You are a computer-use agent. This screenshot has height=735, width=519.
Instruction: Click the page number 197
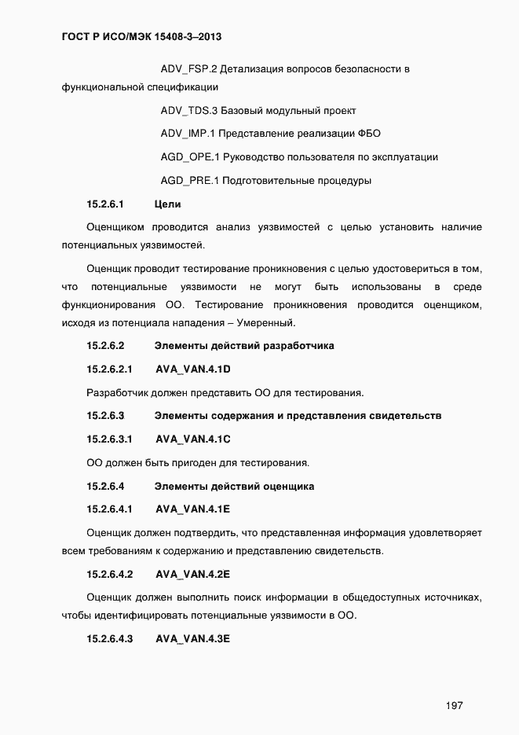pyautogui.click(x=453, y=705)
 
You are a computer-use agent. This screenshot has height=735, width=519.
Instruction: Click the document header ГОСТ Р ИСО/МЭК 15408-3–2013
pyautogui.click(x=145, y=36)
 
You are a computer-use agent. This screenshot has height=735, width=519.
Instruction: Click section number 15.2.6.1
pyautogui.click(x=106, y=204)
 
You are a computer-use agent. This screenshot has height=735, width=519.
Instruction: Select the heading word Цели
pyautogui.click(x=168, y=204)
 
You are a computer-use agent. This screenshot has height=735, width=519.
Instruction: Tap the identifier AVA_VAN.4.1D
pyautogui.click(x=192, y=369)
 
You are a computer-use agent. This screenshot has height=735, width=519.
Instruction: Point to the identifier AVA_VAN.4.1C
pyautogui.click(x=192, y=439)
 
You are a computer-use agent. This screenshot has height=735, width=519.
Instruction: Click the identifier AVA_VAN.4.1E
pyautogui.click(x=192, y=509)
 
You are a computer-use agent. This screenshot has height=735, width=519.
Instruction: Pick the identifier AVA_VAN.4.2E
pyautogui.click(x=192, y=574)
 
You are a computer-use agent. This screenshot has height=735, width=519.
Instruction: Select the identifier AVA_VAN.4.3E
pyautogui.click(x=192, y=638)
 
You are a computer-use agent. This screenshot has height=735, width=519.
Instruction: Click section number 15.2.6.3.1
pyautogui.click(x=109, y=439)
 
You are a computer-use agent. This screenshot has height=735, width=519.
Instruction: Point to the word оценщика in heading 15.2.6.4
pyautogui.click(x=290, y=486)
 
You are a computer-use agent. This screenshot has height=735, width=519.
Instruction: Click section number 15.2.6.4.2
pyautogui.click(x=109, y=574)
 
